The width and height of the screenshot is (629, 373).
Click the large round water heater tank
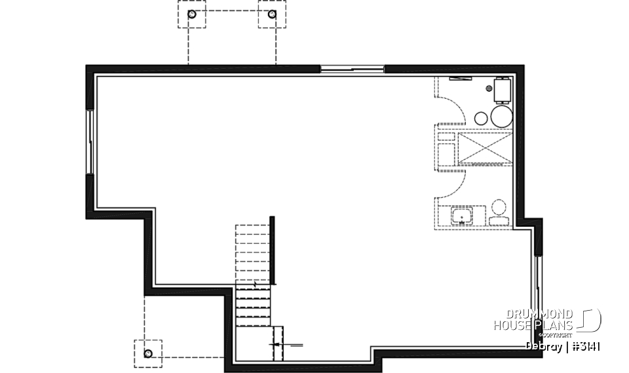501,117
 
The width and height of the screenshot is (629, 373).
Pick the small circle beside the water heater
481,117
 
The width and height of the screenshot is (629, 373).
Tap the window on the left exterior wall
90,141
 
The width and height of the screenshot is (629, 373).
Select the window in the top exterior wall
352,68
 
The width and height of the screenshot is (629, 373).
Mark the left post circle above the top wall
191,14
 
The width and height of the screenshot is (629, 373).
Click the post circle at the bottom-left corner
148,354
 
